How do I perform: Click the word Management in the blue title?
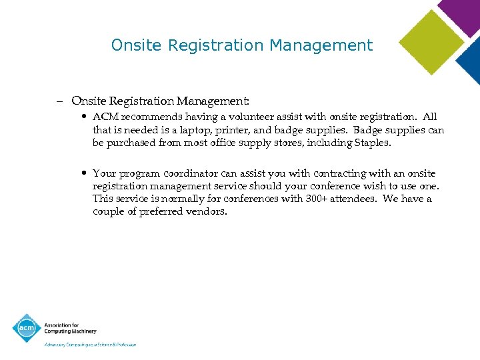321,45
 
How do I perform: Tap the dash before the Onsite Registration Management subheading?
59,101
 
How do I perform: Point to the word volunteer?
238,117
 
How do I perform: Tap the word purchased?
131,143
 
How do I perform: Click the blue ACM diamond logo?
26,328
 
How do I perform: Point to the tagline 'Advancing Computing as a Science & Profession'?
90,345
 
